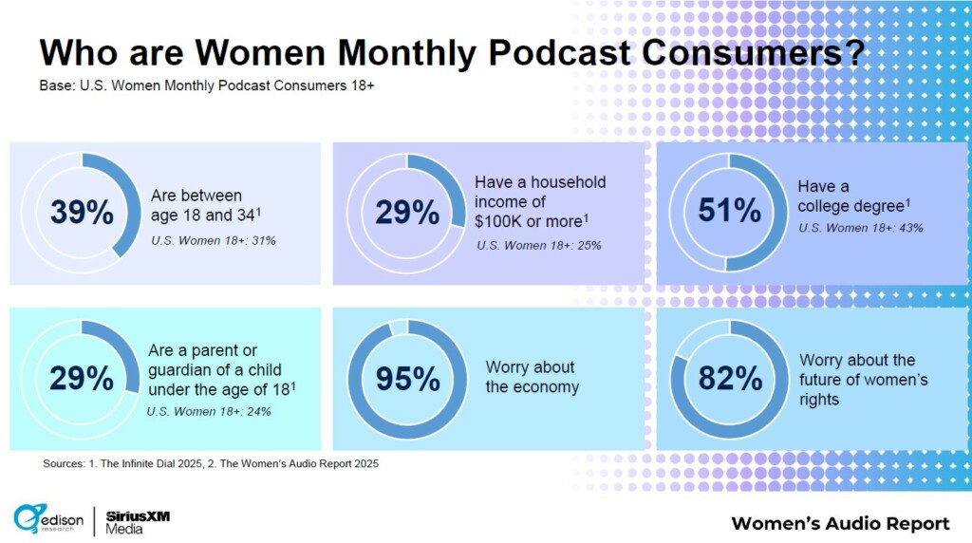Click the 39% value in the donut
[x=82, y=213]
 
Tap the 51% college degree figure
[x=729, y=211]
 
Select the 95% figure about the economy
[x=407, y=379]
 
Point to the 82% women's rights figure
[x=730, y=379]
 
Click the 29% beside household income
[x=407, y=213]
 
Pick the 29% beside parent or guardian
[x=82, y=379]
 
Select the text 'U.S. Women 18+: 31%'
[x=213, y=240]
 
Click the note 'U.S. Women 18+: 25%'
[x=538, y=246]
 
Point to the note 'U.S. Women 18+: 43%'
[x=860, y=228]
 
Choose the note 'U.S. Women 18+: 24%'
[x=209, y=411]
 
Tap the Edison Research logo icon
[x=29, y=518]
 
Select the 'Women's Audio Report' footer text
[x=840, y=524]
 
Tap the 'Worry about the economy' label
[x=532, y=377]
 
